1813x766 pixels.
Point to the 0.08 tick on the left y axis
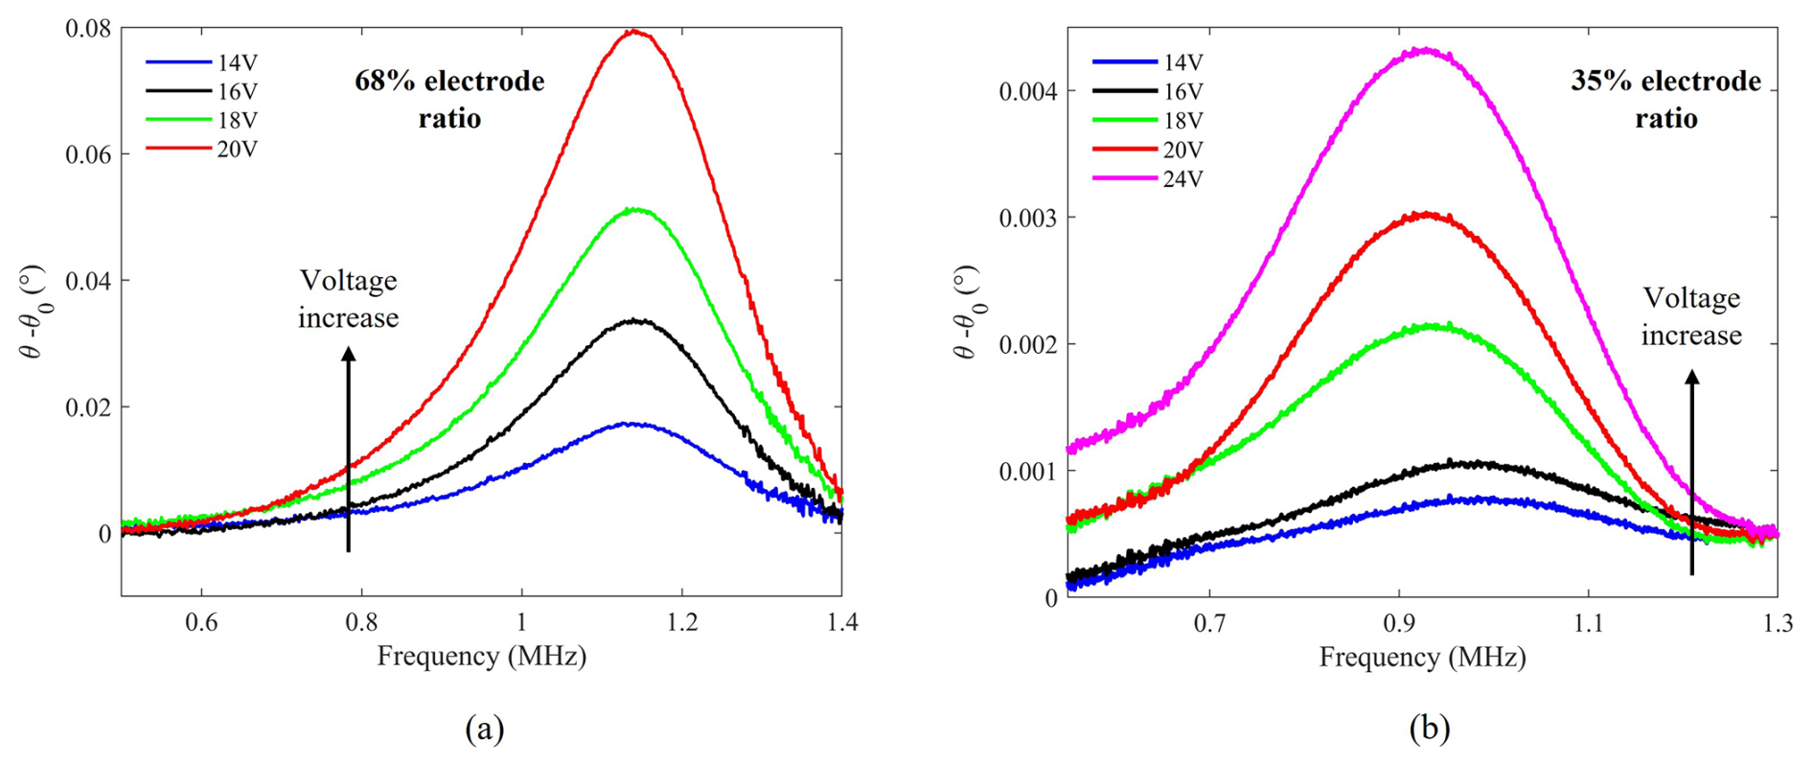87,29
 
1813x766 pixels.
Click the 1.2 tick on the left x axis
681,623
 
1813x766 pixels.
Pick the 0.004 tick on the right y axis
1028,92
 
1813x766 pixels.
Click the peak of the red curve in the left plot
632,32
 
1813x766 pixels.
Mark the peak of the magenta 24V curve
1426,50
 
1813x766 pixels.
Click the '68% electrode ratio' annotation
449,100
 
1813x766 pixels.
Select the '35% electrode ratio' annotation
1665,100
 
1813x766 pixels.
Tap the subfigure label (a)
484,730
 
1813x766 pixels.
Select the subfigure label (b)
1429,730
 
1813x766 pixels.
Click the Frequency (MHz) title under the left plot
481,657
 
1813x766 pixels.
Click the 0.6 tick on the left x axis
201,623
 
